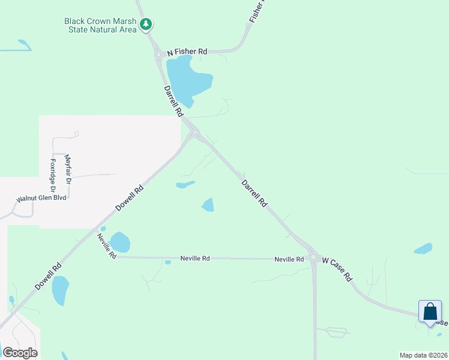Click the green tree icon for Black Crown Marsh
[145, 25]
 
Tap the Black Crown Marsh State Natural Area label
[101, 25]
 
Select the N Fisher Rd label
[187, 52]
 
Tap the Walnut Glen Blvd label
[40, 199]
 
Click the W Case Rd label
[336, 270]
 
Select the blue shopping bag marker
[430, 312]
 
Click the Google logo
[20, 353]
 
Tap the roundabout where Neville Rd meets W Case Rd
[313, 259]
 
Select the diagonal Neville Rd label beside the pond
[106, 245]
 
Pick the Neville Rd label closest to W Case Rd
[289, 259]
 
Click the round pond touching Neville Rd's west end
[120, 242]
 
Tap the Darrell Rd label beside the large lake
[173, 101]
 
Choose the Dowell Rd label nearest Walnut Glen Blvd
[130, 197]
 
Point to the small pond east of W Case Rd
[423, 248]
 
